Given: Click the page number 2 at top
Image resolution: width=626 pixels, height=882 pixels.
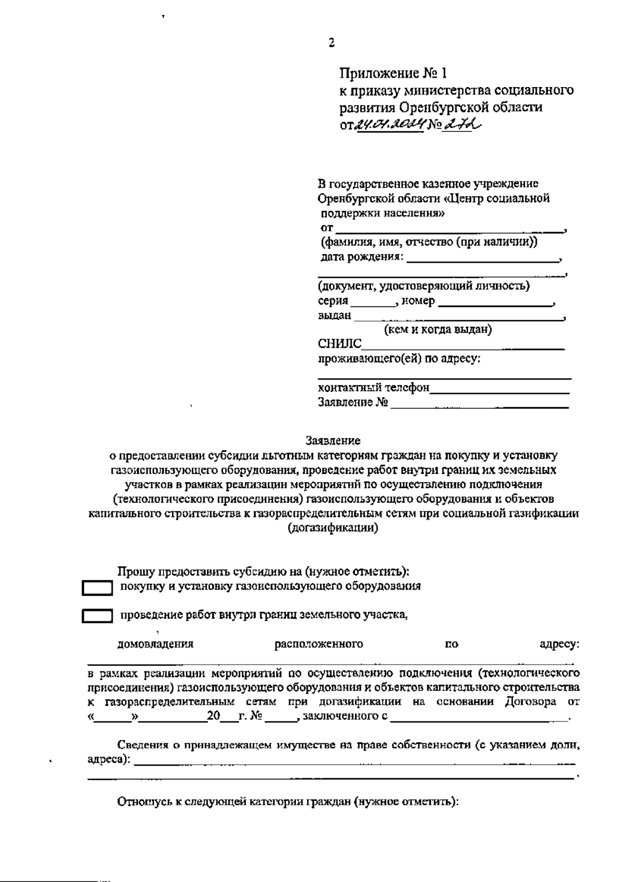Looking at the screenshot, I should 331,43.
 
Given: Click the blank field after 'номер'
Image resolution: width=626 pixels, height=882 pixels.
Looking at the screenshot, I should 495,302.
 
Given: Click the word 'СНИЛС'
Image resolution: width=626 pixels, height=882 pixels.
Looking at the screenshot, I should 340,344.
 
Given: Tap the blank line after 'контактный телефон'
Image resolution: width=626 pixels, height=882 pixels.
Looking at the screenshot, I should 500,388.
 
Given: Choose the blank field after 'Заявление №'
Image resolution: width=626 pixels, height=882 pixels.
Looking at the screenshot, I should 479,403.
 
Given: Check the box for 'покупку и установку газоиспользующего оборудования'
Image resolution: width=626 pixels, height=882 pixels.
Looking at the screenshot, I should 97,589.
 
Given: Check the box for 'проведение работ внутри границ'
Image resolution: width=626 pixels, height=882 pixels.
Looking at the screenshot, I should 97,617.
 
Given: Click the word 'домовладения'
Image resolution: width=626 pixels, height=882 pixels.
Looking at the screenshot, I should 155,644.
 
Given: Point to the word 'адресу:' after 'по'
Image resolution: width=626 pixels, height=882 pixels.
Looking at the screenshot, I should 559,644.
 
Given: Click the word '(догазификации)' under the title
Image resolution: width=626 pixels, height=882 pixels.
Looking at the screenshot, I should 333,528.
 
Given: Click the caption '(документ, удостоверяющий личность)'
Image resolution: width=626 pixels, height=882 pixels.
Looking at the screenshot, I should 424,286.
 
